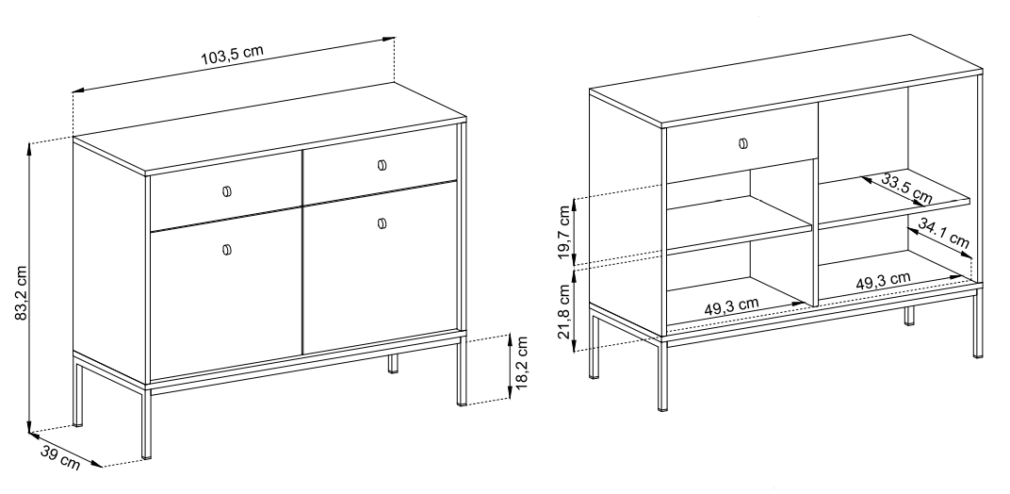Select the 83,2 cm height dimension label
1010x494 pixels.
click(x=22, y=293)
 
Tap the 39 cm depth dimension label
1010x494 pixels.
click(x=60, y=457)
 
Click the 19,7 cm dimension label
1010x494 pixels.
click(x=565, y=232)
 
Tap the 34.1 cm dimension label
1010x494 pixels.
click(x=944, y=234)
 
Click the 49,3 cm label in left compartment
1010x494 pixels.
click(x=731, y=305)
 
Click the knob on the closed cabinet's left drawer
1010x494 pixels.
click(x=227, y=191)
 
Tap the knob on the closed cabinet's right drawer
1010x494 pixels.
click(x=382, y=165)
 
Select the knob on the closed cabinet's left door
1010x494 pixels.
click(x=227, y=250)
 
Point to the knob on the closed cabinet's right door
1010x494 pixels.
click(x=382, y=223)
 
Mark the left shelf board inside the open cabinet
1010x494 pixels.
click(x=739, y=224)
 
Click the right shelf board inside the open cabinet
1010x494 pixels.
click(x=894, y=199)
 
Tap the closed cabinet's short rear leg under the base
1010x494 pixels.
click(x=393, y=364)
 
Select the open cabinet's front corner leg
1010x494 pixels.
click(x=663, y=376)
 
